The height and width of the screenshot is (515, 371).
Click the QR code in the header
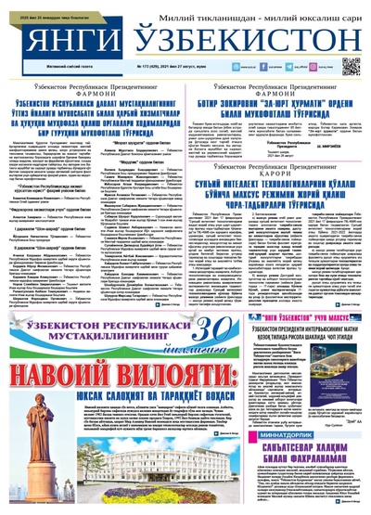[x=351, y=66]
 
